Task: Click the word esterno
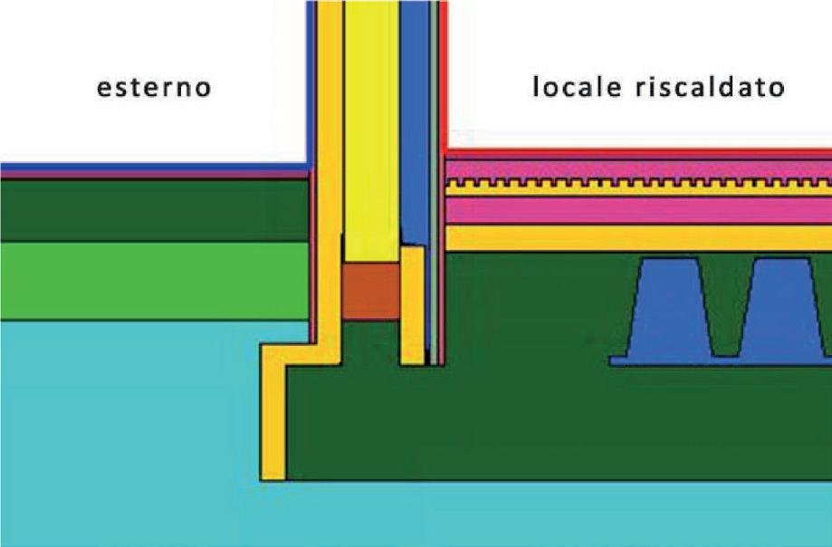point(155,89)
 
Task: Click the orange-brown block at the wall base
point(370,291)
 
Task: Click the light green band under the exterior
point(154,281)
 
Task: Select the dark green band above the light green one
point(154,210)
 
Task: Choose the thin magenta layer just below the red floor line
point(634,169)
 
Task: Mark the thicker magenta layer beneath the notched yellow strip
point(634,210)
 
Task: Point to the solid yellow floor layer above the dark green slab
point(634,237)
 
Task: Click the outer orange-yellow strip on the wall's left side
point(330,181)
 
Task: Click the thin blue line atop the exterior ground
point(154,168)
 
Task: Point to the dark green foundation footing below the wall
point(543,426)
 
